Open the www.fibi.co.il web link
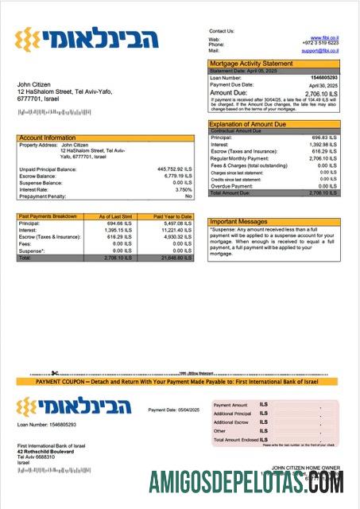click(325, 37)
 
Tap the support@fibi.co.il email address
click(320, 50)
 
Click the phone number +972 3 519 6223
click(322, 44)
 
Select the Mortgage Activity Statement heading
click(250, 63)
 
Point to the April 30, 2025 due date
click(323, 84)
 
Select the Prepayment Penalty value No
click(188, 196)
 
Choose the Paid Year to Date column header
click(172, 216)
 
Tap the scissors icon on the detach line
click(54, 373)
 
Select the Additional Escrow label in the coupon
click(231, 422)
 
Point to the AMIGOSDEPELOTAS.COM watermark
click(246, 482)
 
